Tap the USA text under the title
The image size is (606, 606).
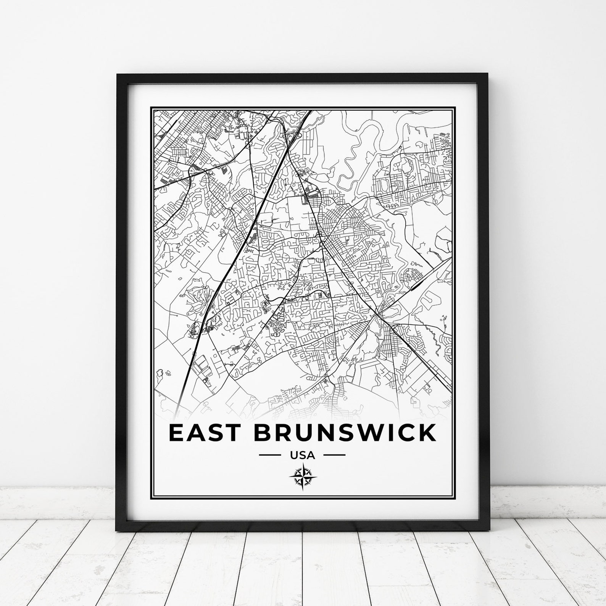pos(302,455)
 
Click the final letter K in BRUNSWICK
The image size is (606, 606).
pos(426,433)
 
